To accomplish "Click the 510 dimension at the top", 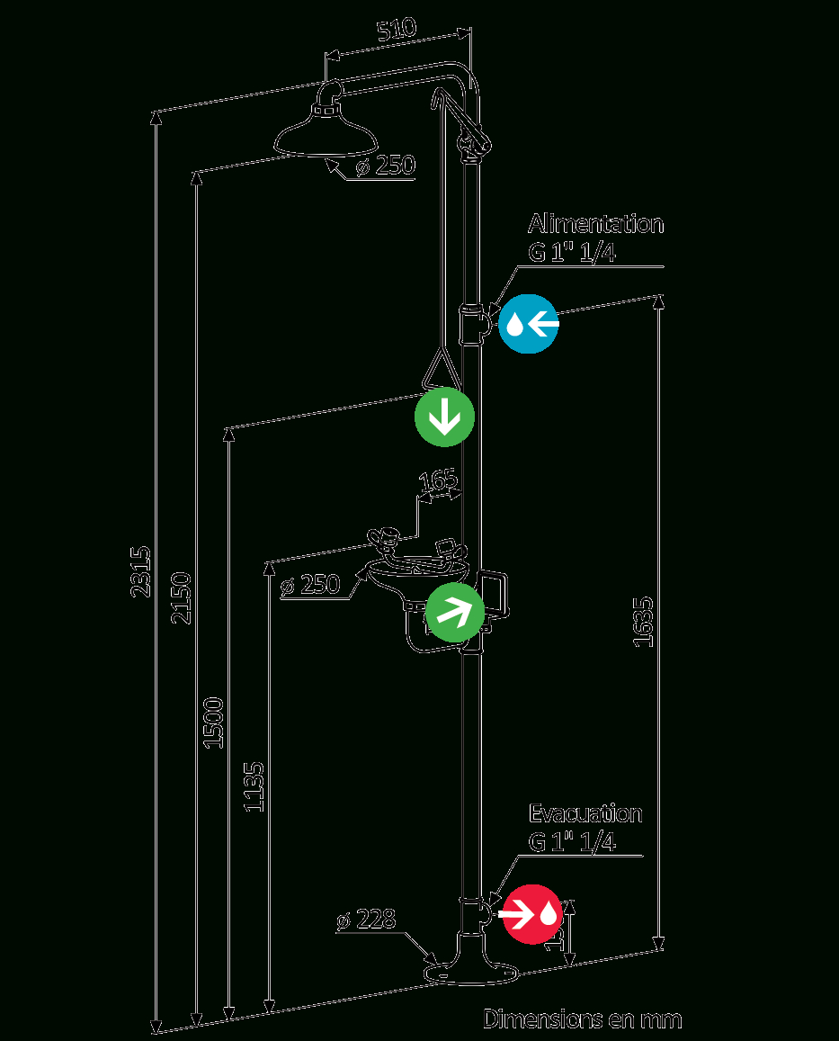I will pos(397,30).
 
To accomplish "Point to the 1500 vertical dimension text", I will pos(213,722).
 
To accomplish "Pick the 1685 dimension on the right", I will pos(643,620).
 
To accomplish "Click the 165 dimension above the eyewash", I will pos(439,480).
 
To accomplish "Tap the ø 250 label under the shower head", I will pos(385,166).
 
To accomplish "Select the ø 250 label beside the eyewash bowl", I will pos(309,585).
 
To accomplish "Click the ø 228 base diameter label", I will pos(367,920).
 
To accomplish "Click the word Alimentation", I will pos(596,223).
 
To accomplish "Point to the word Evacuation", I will pos(585,814).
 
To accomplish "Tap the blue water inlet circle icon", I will pos(529,323).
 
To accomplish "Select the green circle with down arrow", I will pos(444,417).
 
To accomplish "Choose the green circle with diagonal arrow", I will pos(455,611).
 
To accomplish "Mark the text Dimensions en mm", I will pos(583,1019).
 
